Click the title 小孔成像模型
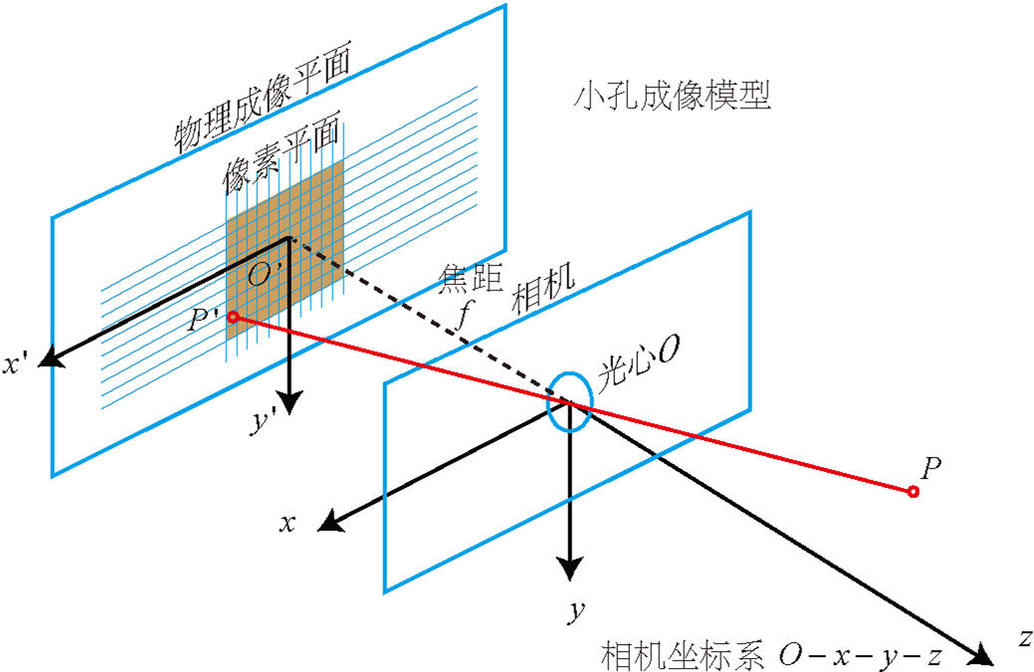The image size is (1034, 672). click(674, 97)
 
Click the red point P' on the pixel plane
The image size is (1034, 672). click(232, 317)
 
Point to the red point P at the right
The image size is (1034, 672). click(913, 491)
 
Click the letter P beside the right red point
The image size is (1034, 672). click(931, 468)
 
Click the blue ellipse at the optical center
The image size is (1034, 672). click(570, 402)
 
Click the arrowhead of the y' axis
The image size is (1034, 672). click(290, 402)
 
